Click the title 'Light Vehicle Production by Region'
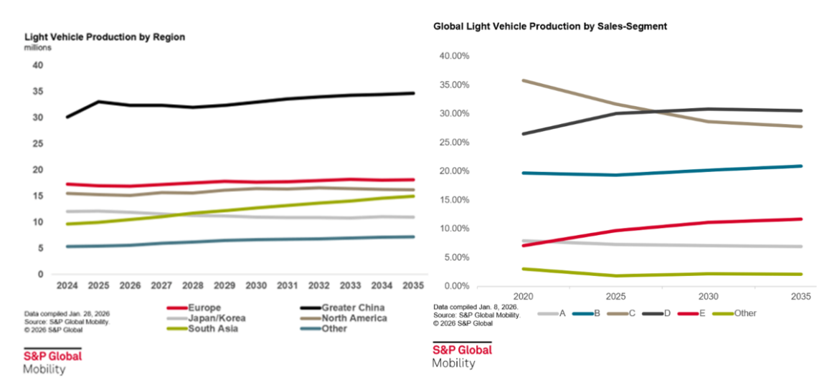click(x=105, y=37)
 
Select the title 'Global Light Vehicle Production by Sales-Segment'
click(x=550, y=26)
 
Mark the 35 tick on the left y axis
click(x=38, y=92)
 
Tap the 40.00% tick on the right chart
click(x=453, y=56)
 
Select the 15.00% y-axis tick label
click(x=453, y=200)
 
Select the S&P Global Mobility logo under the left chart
click(x=52, y=362)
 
